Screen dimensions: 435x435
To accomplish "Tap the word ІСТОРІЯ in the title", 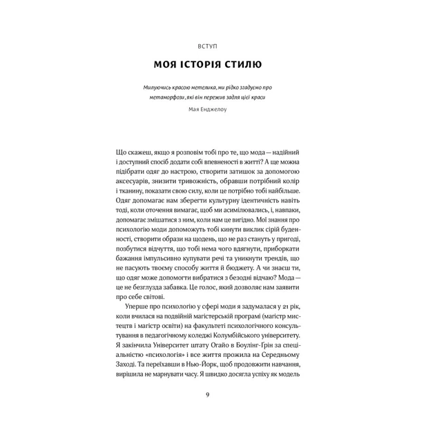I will [204, 66].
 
